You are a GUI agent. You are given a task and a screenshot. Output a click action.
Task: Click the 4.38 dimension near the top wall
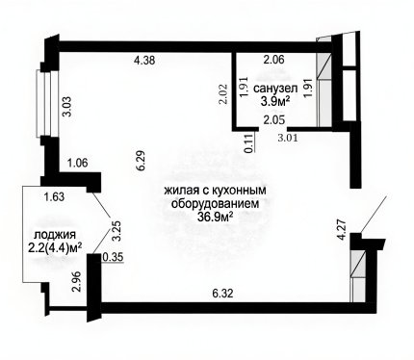(x=144, y=60)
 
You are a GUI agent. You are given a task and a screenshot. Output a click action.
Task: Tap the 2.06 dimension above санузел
(x=273, y=60)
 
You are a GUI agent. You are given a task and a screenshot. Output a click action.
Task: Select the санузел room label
(x=275, y=89)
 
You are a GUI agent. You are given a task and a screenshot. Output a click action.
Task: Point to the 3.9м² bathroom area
(x=275, y=102)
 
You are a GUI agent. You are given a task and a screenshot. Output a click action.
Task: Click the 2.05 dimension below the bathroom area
(x=273, y=120)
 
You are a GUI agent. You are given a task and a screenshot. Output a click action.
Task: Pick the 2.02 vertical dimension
(x=223, y=94)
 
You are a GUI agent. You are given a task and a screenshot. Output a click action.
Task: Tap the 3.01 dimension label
(x=288, y=138)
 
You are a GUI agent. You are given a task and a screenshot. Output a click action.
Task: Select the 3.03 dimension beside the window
(x=69, y=107)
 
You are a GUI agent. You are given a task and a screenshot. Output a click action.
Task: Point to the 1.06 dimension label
(x=77, y=163)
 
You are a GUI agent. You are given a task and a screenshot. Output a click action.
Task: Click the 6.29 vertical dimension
(x=142, y=161)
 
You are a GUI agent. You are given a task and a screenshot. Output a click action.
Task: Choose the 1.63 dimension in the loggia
(x=54, y=196)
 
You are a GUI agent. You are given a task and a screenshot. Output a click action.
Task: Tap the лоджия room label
(x=55, y=235)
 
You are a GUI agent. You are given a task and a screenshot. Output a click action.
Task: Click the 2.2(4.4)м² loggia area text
(x=55, y=248)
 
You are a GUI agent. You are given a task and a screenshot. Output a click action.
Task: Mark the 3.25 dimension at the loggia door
(x=116, y=231)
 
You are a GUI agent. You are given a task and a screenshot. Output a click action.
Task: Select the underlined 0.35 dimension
(x=113, y=258)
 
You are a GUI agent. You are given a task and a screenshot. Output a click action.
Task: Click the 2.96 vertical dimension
(x=77, y=282)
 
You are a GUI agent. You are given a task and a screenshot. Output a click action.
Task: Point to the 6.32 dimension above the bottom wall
(x=223, y=294)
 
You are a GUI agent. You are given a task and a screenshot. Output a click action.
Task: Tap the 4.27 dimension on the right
(x=343, y=229)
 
